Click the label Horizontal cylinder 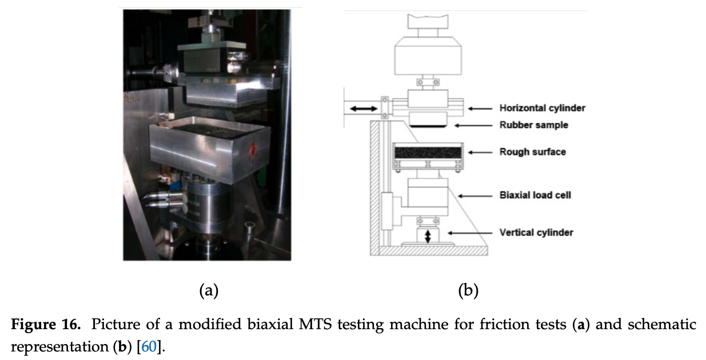click(542, 108)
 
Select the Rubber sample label click(533, 125)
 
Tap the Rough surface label click(532, 152)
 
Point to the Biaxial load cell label click(535, 195)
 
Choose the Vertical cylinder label click(536, 233)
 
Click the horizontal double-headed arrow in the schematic click(364, 107)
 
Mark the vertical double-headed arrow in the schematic click(427, 236)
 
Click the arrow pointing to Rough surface click(480, 152)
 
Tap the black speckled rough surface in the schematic click(428, 153)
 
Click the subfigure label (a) click(209, 290)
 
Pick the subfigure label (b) click(468, 290)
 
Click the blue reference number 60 click(148, 347)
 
